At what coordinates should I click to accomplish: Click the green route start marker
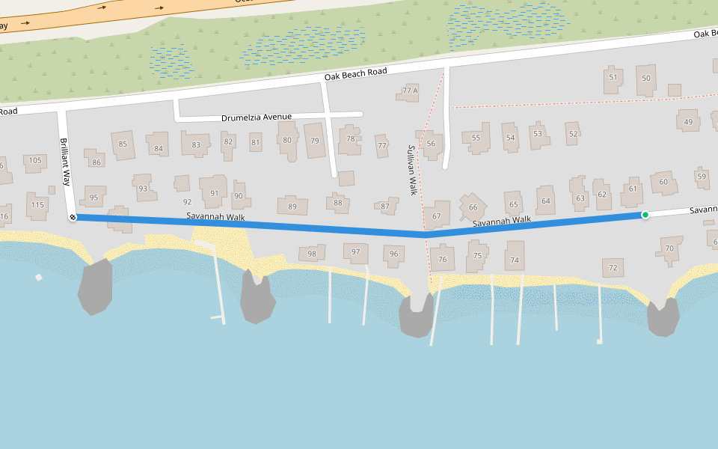[645, 215]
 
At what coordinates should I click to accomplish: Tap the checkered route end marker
[73, 217]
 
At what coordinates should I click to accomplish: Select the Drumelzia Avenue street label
[257, 117]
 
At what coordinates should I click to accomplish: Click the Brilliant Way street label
[65, 162]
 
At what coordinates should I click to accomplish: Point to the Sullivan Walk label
[411, 170]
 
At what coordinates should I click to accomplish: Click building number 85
[123, 144]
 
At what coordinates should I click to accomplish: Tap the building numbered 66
[473, 207]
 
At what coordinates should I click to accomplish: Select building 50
[646, 79]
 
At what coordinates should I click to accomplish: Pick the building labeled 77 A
[410, 91]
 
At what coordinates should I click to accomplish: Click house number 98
[312, 254]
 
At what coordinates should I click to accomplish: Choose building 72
[613, 267]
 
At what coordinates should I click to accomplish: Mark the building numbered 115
[37, 204]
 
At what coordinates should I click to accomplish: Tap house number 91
[215, 192]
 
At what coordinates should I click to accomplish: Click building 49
[688, 122]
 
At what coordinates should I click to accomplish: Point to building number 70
[669, 248]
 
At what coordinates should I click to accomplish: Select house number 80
[286, 139]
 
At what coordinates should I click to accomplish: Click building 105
[35, 160]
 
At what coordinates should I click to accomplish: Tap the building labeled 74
[514, 260]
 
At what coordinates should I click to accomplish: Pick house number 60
[663, 182]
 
